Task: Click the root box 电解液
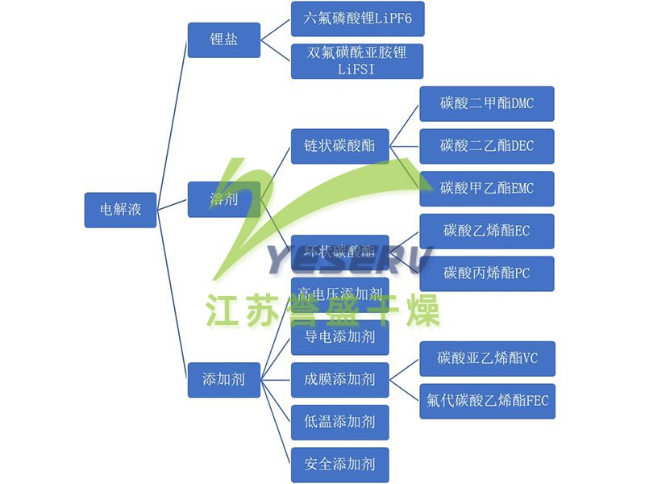point(120,209)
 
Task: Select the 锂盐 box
point(223,40)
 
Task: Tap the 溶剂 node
point(223,199)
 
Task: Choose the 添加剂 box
point(223,378)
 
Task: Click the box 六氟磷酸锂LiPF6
point(357,19)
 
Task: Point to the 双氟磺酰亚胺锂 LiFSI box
point(357,60)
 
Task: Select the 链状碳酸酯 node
point(339,146)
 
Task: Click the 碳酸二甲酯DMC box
point(486,103)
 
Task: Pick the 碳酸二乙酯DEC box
point(486,146)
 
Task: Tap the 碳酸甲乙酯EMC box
point(486,189)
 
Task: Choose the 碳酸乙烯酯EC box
point(486,231)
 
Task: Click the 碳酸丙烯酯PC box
point(486,273)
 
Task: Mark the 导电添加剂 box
point(339,337)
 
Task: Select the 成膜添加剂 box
point(339,378)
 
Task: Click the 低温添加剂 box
point(339,421)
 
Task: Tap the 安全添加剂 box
point(339,465)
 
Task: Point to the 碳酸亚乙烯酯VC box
point(487,358)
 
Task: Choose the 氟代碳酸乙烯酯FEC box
point(487,400)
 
